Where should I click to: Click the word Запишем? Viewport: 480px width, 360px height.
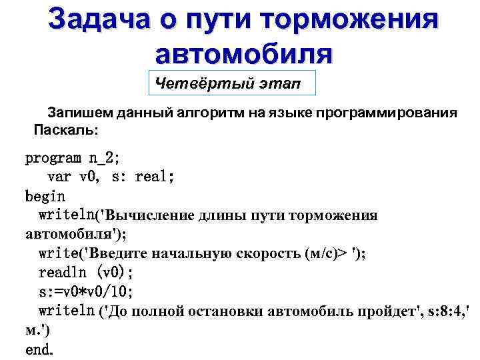[x=75, y=112]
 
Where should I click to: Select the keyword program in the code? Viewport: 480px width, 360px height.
[x=53, y=159]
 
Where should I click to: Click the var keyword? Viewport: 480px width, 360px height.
[x=59, y=177]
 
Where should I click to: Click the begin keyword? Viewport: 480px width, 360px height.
[x=45, y=197]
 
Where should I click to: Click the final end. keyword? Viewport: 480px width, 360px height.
[x=39, y=349]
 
